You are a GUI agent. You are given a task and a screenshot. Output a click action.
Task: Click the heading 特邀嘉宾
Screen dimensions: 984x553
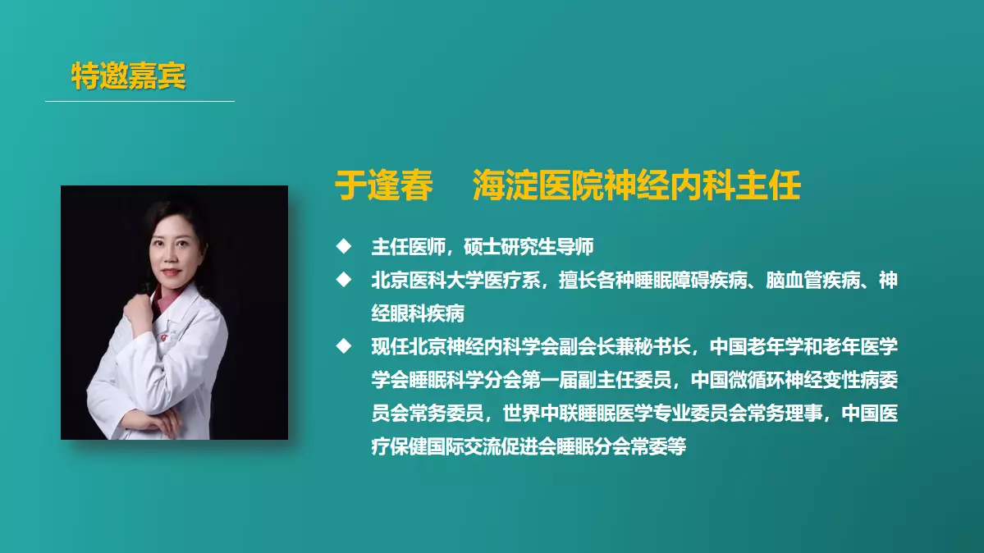129,75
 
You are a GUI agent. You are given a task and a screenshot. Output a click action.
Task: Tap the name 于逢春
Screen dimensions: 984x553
384,185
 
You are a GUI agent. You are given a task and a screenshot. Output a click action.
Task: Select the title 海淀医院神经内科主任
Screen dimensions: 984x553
636,185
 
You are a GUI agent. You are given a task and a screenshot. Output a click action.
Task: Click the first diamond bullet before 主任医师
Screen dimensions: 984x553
344,246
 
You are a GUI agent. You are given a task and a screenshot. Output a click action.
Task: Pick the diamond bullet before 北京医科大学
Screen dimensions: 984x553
344,279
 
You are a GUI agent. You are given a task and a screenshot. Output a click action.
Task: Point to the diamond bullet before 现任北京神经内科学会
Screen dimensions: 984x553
344,346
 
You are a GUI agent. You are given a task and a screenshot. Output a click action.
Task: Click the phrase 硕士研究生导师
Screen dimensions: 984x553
529,247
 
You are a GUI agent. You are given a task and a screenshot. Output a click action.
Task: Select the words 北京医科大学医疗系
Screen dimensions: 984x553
455,280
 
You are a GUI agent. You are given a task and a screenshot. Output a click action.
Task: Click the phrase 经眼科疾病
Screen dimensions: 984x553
418,313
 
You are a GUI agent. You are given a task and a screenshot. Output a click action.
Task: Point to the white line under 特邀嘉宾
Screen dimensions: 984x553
140,100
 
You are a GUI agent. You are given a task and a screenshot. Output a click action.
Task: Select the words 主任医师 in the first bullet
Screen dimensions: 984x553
409,247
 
